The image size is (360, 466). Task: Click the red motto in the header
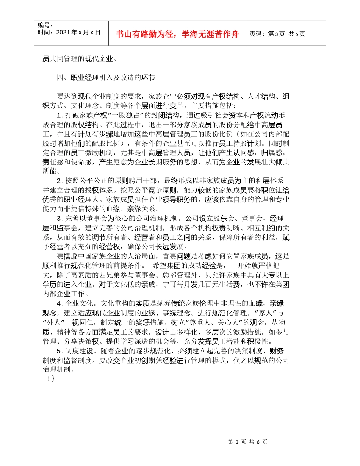click(177, 34)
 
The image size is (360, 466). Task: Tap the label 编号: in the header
click(44, 26)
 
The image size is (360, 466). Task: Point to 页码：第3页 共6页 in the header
click(277, 34)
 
